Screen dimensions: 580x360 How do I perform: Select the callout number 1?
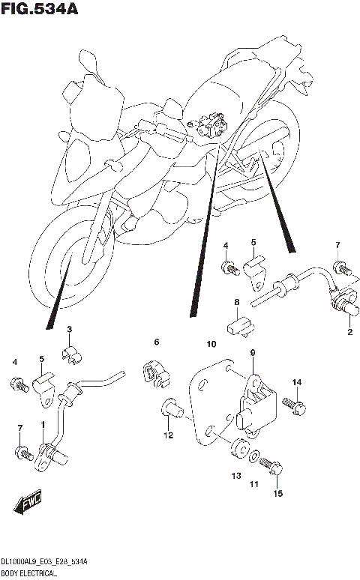point(43,425)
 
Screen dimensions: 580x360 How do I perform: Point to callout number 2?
point(349,331)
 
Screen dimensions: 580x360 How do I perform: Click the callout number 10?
point(211,344)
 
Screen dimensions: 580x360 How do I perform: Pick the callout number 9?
point(253,353)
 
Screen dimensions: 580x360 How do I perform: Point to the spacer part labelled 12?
point(172,409)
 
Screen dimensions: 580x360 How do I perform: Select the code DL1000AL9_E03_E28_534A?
point(45,561)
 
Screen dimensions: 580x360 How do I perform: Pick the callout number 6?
point(157,342)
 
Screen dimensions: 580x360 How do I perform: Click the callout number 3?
point(69,330)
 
